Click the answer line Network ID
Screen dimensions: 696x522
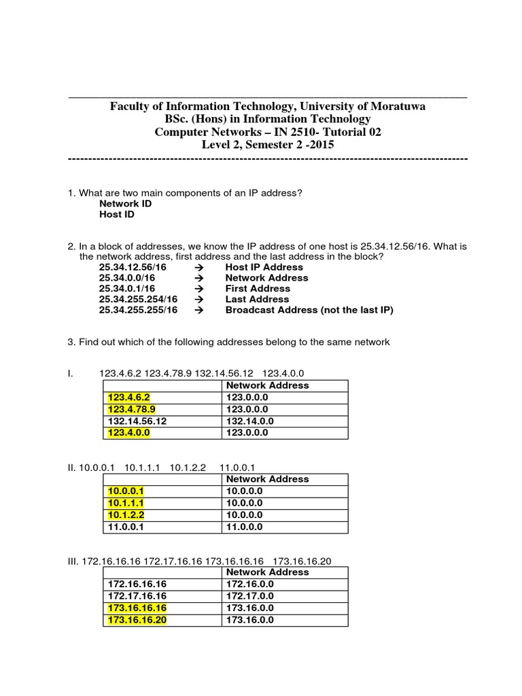125,203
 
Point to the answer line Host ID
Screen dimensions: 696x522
117,214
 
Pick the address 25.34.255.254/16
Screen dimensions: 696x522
138,299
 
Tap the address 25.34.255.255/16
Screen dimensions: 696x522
138,310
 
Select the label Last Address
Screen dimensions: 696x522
257,299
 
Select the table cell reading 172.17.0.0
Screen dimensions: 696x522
250,595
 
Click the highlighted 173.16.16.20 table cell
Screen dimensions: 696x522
137,620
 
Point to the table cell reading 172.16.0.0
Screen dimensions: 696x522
250,584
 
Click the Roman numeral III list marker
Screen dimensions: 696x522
73,561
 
